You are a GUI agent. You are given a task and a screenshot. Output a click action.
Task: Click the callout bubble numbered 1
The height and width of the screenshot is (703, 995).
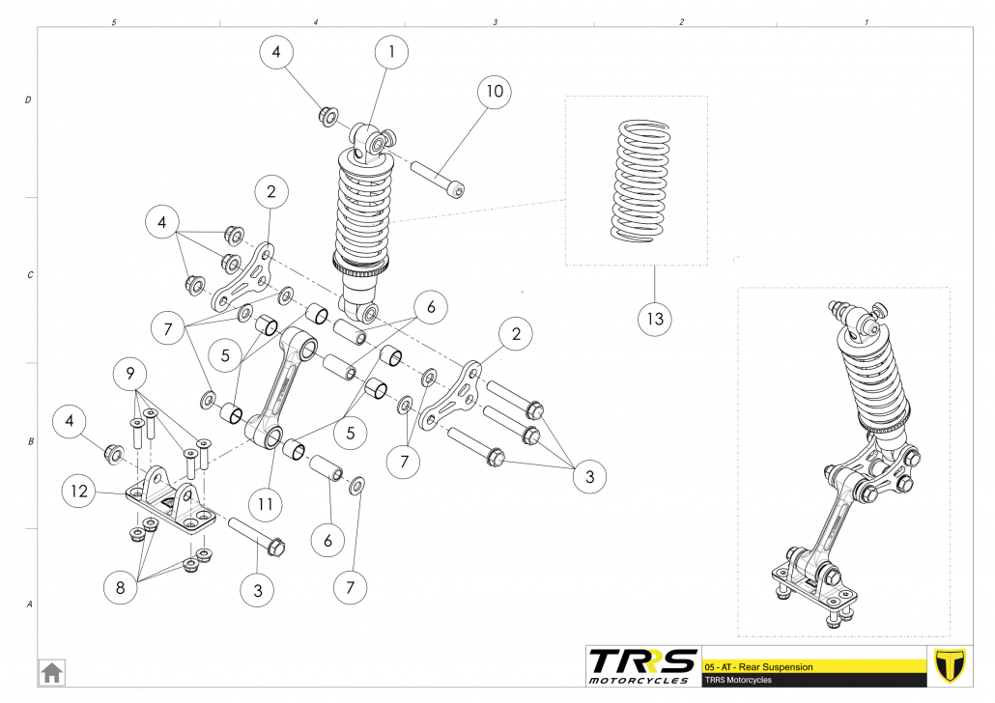pyautogui.click(x=391, y=53)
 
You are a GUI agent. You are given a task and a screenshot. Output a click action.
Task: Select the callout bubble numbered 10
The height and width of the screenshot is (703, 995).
pyautogui.click(x=494, y=93)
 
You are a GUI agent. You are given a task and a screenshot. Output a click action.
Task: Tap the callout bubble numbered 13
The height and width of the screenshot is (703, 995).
pyautogui.click(x=655, y=318)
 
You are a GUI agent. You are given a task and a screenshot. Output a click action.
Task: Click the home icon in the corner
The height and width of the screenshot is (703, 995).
pyautogui.click(x=51, y=671)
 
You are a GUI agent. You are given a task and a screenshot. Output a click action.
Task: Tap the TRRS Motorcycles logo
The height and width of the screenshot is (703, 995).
pyautogui.click(x=642, y=666)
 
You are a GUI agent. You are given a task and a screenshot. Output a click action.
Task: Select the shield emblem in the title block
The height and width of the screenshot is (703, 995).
pyautogui.click(x=952, y=667)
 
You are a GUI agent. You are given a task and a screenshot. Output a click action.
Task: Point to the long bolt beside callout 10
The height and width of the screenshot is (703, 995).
pyautogui.click(x=438, y=180)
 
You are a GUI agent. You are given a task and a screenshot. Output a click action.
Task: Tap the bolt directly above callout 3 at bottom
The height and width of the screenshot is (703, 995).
pyautogui.click(x=256, y=536)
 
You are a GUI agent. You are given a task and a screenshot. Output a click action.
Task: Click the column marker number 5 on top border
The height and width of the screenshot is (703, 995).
pyautogui.click(x=114, y=21)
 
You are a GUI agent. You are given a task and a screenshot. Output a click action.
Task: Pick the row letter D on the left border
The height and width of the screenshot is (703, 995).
pyautogui.click(x=28, y=99)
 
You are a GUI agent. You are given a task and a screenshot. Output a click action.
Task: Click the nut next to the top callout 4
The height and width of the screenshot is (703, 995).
pyautogui.click(x=327, y=117)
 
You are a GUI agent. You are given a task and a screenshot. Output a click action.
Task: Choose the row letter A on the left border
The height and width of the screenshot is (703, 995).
pyautogui.click(x=28, y=605)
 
